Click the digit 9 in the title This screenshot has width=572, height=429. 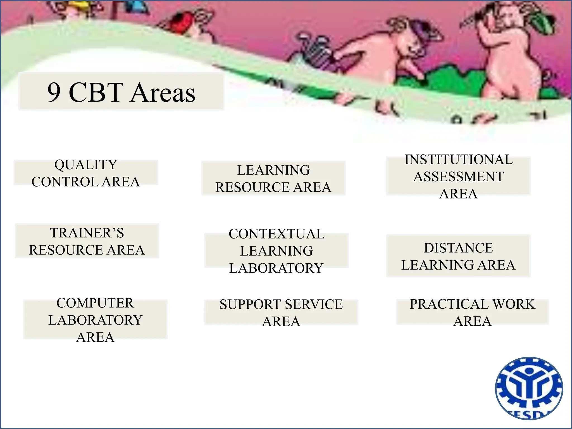click(54, 92)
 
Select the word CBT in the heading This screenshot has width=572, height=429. click(96, 92)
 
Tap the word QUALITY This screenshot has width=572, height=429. click(86, 165)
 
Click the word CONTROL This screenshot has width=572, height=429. click(65, 182)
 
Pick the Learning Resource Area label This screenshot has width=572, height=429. click(273, 178)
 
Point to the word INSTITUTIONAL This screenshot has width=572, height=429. click(459, 159)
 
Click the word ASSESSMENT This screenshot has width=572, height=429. click(459, 177)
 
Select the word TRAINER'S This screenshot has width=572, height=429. click(87, 233)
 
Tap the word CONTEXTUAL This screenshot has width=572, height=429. click(277, 234)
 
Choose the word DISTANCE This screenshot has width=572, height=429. click(458, 248)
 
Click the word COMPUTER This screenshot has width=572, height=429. click(95, 303)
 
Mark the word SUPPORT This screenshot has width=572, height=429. click(250, 304)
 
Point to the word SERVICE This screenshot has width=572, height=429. click(314, 304)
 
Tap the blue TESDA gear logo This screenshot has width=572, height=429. click(529, 389)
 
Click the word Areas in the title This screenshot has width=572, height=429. click(163, 92)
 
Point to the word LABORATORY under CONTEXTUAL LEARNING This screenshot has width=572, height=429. click(276, 268)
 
